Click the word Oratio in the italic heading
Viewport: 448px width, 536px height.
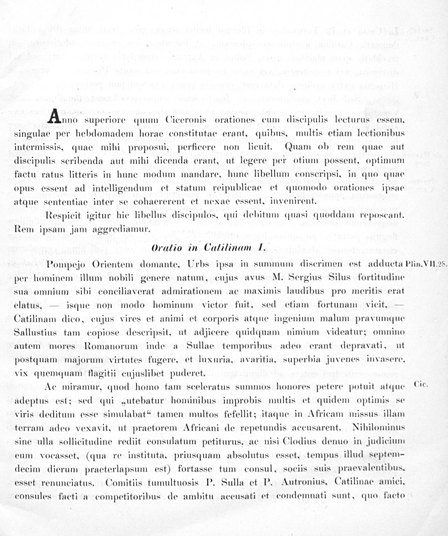tap(166, 248)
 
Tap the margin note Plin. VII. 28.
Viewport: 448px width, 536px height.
tap(426, 264)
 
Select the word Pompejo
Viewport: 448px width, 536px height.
tap(65, 264)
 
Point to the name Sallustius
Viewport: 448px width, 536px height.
tap(35, 333)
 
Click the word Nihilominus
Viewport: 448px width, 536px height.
tap(378, 428)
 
